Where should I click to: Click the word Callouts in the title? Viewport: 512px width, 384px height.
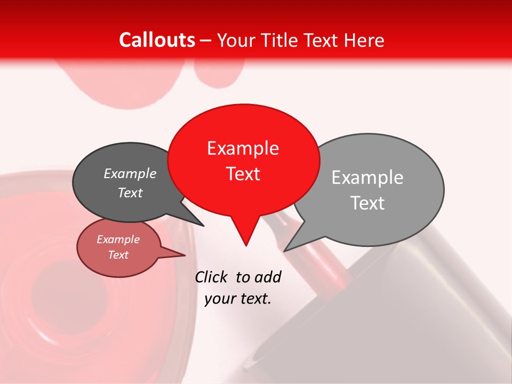point(157,40)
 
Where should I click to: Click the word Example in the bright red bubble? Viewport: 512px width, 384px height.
point(243,148)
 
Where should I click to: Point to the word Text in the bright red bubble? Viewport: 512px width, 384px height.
point(243,174)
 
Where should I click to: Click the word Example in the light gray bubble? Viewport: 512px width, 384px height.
point(367,178)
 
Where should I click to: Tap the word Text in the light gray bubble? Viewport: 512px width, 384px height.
point(367,203)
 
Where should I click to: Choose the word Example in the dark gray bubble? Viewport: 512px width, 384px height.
point(130,174)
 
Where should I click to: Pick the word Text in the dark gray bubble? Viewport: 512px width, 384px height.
point(130,193)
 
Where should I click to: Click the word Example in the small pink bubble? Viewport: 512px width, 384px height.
point(118,239)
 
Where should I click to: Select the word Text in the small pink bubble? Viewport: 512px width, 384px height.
point(118,255)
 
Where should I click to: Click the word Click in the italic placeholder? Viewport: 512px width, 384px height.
point(211,277)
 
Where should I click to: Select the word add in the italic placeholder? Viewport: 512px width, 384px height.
point(268,277)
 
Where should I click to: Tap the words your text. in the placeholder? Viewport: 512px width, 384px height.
point(237,299)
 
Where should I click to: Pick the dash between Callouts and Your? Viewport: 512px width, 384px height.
point(206,41)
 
